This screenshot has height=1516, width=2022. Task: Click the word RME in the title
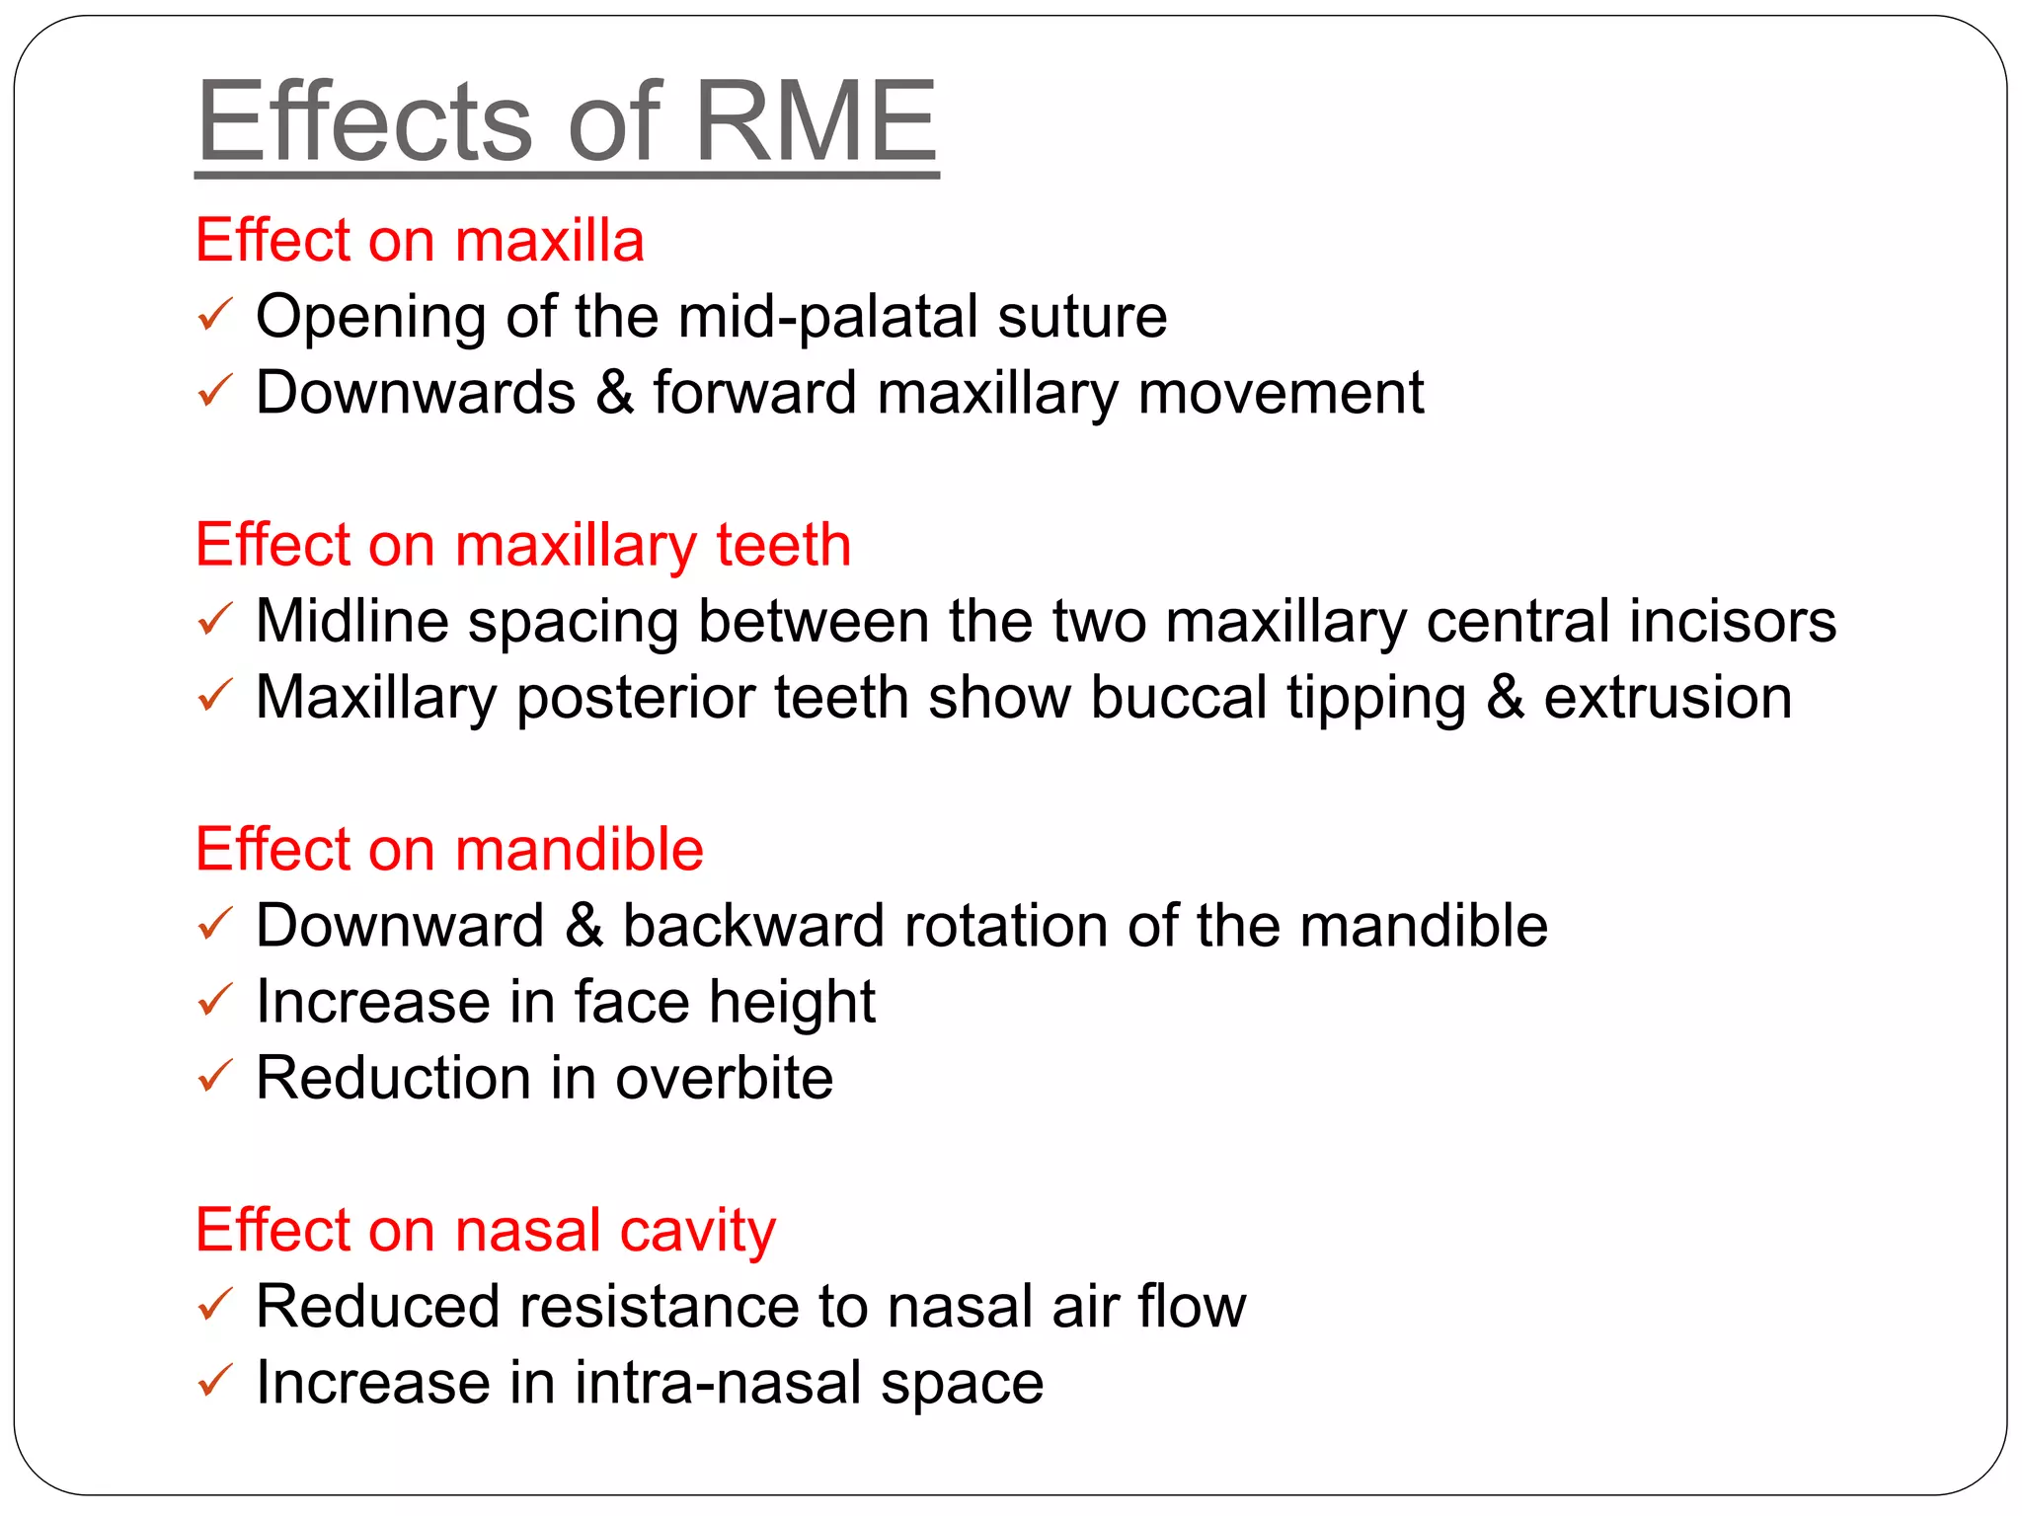(x=816, y=122)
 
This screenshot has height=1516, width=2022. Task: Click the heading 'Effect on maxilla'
(x=420, y=240)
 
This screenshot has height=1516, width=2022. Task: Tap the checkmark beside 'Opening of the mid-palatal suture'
(x=214, y=316)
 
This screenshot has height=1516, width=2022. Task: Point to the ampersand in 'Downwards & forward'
(x=614, y=393)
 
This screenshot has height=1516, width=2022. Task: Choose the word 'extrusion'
(x=1668, y=698)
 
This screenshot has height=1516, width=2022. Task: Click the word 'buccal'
(x=1179, y=698)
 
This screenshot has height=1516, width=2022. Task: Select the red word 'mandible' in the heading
(x=579, y=849)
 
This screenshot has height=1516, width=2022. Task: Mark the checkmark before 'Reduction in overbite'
(x=214, y=1077)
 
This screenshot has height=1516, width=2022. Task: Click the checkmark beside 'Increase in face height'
(x=214, y=1001)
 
